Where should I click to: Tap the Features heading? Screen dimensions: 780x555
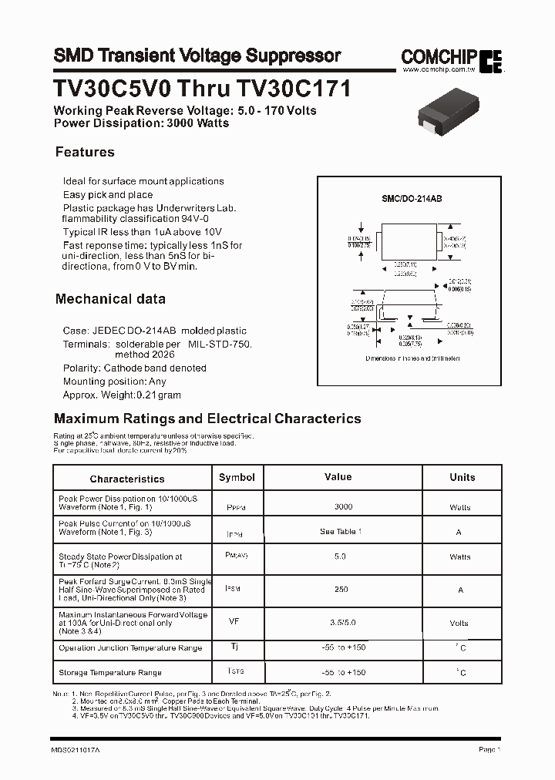pyautogui.click(x=85, y=152)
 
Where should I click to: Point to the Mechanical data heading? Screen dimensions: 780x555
pyautogui.click(x=110, y=298)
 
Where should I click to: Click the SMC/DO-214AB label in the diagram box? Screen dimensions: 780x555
pyautogui.click(x=412, y=199)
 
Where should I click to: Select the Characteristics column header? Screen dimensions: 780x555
pyautogui.click(x=127, y=479)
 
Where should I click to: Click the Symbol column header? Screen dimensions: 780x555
pyautogui.click(x=237, y=477)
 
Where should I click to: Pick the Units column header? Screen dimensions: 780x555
pyautogui.click(x=462, y=477)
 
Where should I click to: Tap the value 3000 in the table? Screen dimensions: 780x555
pyautogui.click(x=343, y=506)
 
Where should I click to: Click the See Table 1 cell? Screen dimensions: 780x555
pyautogui.click(x=341, y=532)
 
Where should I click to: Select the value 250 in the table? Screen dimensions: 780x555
pyautogui.click(x=341, y=590)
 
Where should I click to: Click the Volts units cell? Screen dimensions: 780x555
pyautogui.click(x=459, y=623)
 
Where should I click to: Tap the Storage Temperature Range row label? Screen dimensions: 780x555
pyautogui.click(x=110, y=673)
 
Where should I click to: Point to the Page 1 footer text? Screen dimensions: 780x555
pyautogui.click(x=489, y=749)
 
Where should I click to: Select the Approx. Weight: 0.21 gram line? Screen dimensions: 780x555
pyautogui.click(x=122, y=394)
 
